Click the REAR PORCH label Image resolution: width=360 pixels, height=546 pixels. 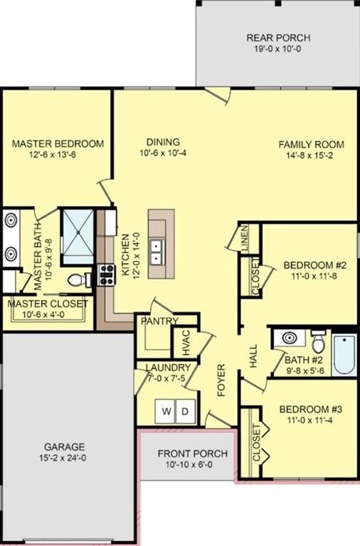pyautogui.click(x=278, y=38)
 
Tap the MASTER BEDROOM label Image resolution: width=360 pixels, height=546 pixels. pyautogui.click(x=58, y=144)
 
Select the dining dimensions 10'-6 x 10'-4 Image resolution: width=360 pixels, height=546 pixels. pyautogui.click(x=163, y=152)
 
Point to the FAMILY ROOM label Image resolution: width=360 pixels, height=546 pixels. pyautogui.click(x=309, y=144)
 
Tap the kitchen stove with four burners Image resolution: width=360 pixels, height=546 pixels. pyautogui.click(x=107, y=272)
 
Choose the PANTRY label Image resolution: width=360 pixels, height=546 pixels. pyautogui.click(x=159, y=321)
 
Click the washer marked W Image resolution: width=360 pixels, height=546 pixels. pyautogui.click(x=167, y=412)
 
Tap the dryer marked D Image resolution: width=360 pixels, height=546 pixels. pyautogui.click(x=184, y=412)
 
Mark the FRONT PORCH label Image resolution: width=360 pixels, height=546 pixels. pyautogui.click(x=192, y=454)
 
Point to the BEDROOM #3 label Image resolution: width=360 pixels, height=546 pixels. pyautogui.click(x=311, y=409)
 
